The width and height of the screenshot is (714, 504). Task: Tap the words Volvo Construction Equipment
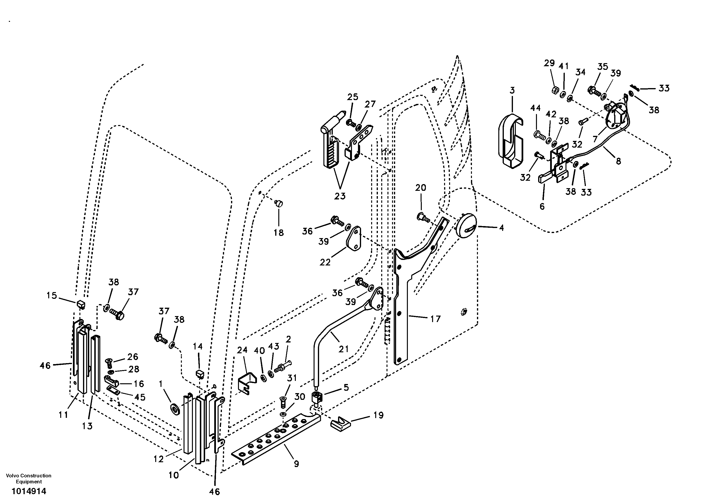coord(29,479)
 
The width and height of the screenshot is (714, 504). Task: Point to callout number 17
coord(435,319)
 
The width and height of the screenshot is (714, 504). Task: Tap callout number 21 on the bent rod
coord(343,349)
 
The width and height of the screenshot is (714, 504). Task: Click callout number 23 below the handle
coord(340,196)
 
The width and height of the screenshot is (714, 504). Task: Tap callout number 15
coord(52,295)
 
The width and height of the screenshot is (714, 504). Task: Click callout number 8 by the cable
coord(618,161)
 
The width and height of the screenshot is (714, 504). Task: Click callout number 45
coord(140,397)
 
